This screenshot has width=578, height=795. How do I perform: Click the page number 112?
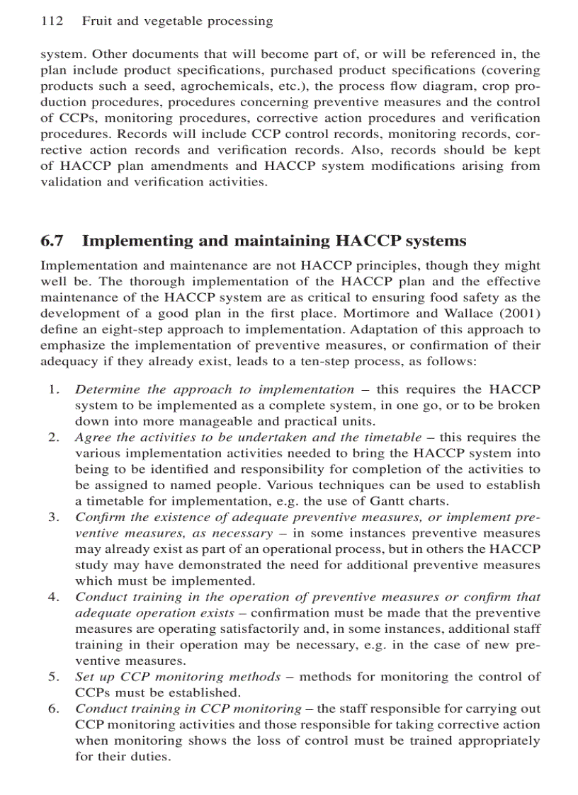click(x=52, y=21)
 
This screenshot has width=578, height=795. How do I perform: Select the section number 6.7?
click(x=52, y=241)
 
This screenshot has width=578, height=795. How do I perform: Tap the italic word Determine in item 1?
click(x=105, y=389)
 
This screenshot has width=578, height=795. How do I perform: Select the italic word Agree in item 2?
click(x=92, y=437)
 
